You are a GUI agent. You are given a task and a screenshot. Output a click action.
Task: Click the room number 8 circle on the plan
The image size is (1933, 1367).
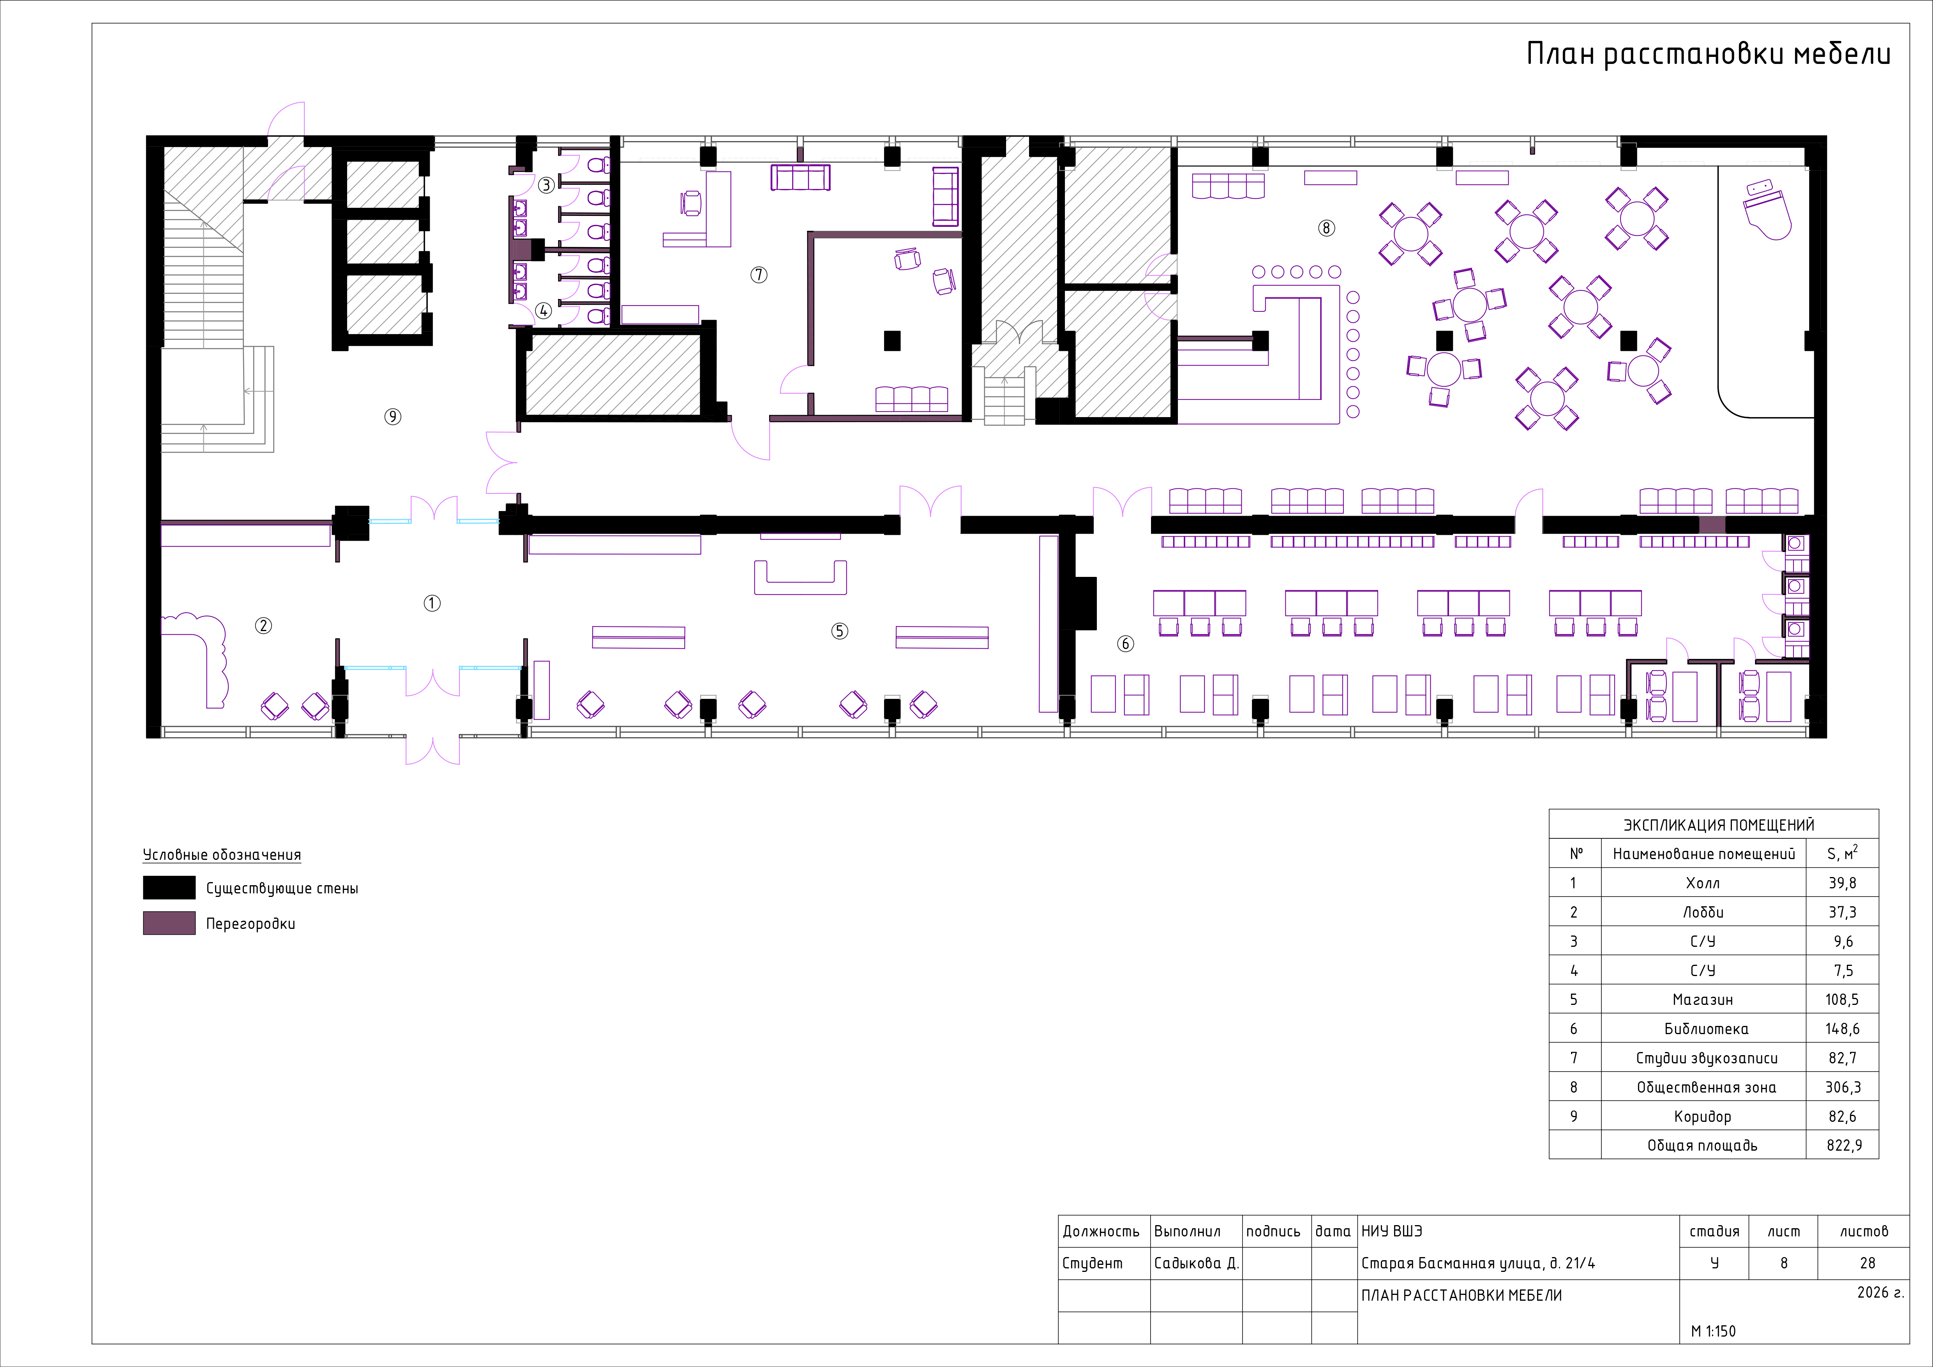pos(1326,228)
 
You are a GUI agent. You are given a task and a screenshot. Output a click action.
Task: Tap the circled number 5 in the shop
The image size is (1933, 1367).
pos(839,631)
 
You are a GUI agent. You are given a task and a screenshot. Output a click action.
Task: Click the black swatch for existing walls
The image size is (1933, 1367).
pos(169,888)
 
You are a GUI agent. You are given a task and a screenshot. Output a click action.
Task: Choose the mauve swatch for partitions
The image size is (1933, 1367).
pos(169,923)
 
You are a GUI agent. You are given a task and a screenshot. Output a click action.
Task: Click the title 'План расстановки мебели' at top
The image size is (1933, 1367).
pos(1709,54)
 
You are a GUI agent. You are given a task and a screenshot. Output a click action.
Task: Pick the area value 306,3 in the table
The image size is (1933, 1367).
pos(1843,1088)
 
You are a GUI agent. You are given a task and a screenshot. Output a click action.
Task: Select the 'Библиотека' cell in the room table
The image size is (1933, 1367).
pos(1706,1029)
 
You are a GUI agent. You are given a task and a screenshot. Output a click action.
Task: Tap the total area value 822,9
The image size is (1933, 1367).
pos(1844,1146)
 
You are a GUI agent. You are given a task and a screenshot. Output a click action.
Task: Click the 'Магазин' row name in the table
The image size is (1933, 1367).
pos(1702,1000)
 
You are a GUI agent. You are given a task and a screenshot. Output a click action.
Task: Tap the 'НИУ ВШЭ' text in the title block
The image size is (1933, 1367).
pos(1392,1231)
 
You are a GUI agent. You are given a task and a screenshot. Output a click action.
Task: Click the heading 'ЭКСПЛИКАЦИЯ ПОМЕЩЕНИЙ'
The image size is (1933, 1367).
pos(1718,826)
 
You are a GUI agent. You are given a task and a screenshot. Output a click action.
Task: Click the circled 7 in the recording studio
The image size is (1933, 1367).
pos(759,274)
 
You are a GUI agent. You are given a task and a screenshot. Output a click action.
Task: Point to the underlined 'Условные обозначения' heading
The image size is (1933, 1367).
pos(221,855)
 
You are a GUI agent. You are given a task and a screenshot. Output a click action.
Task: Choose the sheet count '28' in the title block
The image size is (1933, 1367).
pos(1867,1263)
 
